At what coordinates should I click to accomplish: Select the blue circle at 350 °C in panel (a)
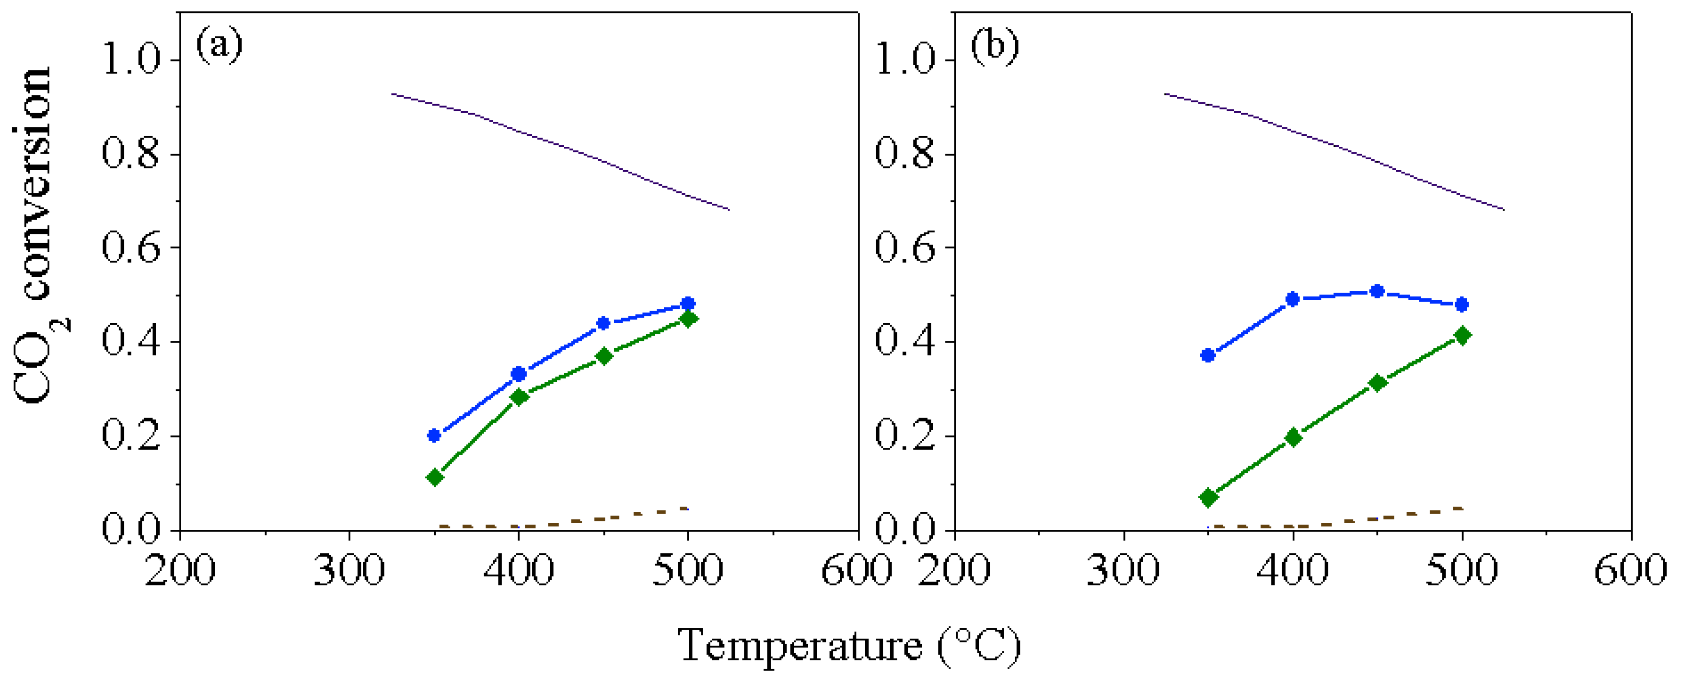(434, 435)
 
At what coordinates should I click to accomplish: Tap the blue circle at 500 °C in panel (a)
(687, 304)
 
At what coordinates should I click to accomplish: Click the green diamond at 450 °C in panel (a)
(603, 356)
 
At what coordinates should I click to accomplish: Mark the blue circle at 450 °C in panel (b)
(1377, 291)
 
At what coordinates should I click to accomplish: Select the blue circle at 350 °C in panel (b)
(1208, 355)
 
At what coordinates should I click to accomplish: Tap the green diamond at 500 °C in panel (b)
(1462, 335)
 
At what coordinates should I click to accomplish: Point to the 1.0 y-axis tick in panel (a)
(130, 60)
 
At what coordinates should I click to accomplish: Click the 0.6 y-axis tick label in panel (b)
(904, 248)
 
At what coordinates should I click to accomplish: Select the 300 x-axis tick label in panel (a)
(349, 570)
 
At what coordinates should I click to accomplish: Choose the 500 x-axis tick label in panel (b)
(1461, 570)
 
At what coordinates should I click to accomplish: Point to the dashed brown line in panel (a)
(587, 520)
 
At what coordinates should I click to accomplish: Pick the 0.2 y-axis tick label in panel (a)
(130, 436)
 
